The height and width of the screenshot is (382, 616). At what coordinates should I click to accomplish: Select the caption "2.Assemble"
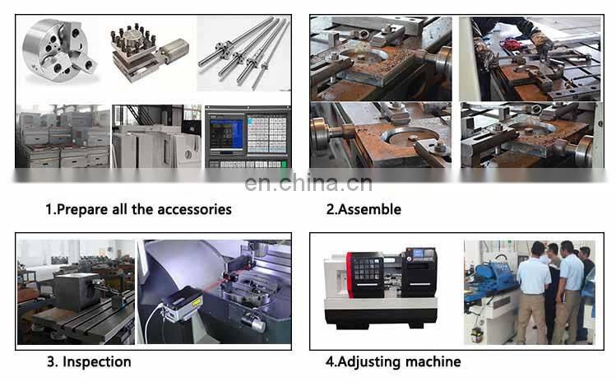pyautogui.click(x=364, y=209)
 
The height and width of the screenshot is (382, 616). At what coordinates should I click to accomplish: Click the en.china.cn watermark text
pyautogui.click(x=308, y=183)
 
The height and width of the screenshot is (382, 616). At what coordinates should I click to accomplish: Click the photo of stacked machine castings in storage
pyautogui.click(x=62, y=136)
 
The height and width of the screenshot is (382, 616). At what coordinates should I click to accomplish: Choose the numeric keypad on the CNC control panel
pyautogui.click(x=266, y=132)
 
